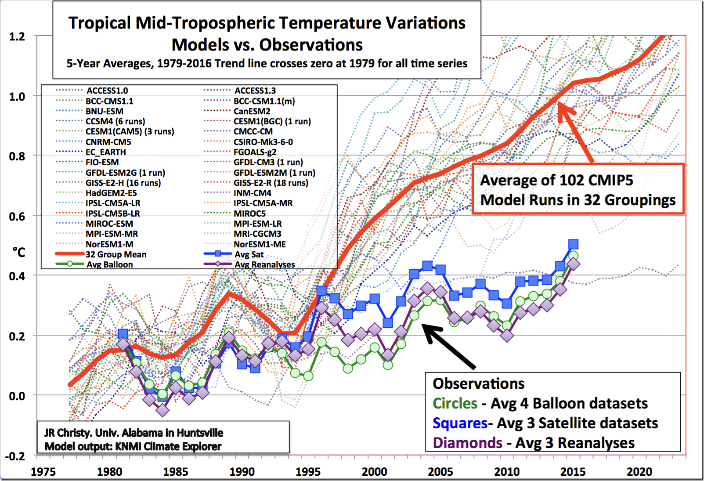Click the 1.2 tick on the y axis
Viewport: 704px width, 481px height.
click(17, 36)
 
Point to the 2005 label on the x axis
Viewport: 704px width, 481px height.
click(440, 472)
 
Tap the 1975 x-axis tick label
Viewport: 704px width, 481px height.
click(43, 472)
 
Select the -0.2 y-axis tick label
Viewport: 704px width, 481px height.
click(15, 456)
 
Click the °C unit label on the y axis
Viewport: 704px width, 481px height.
click(19, 253)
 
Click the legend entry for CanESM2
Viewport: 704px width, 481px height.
click(252, 111)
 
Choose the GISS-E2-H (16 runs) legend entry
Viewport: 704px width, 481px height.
click(123, 183)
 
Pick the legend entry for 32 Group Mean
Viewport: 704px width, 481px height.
click(116, 254)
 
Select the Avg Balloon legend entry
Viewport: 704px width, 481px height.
click(109, 264)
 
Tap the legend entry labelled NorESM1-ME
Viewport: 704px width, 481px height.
click(260, 244)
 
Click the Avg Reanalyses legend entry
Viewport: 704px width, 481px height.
click(264, 264)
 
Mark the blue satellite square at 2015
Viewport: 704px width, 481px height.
click(573, 244)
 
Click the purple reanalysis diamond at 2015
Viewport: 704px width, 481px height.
click(573, 264)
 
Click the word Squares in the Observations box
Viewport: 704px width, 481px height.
click(459, 423)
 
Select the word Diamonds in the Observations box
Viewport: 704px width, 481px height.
click(467, 443)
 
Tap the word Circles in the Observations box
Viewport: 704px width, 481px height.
click(455, 403)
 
